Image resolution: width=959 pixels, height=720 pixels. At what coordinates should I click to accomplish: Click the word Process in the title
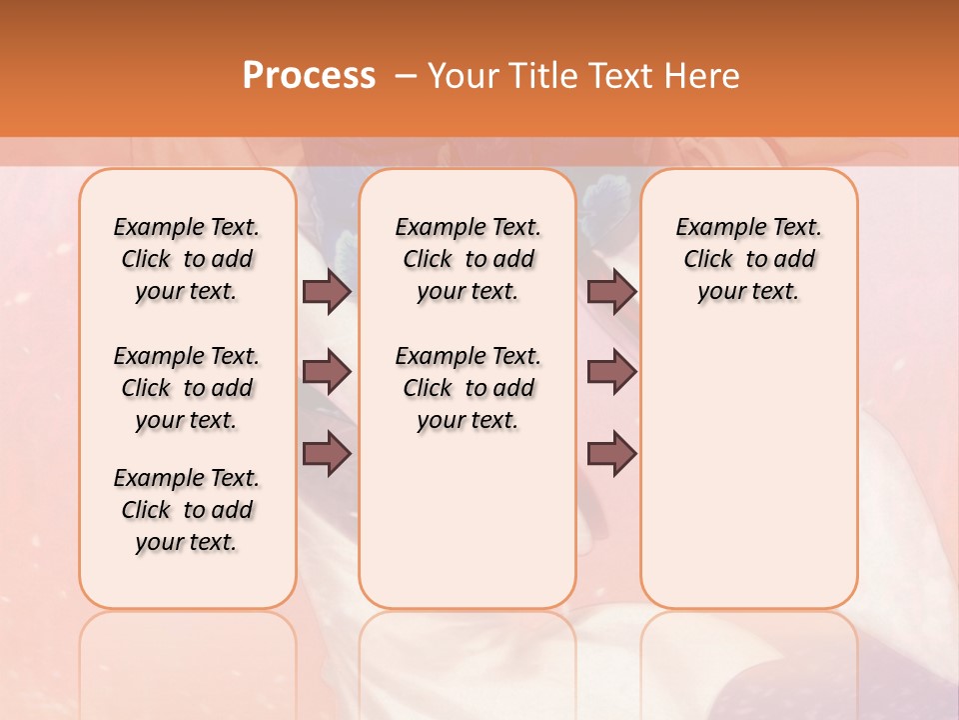pos(309,76)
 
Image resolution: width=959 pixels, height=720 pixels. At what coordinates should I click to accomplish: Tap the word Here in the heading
pos(701,76)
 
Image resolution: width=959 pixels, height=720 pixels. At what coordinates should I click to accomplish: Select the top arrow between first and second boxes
pos(327,291)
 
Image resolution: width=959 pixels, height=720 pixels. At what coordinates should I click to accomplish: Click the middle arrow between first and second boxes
pos(327,372)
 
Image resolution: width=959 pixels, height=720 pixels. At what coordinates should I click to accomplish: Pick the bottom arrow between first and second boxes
pos(327,454)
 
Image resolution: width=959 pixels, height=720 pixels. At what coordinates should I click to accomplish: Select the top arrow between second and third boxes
pos(611,291)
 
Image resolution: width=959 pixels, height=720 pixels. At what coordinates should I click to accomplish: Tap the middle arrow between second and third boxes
pos(611,372)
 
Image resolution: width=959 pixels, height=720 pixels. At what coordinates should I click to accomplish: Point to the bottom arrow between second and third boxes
pos(611,454)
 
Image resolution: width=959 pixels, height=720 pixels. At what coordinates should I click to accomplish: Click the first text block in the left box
pos(187,259)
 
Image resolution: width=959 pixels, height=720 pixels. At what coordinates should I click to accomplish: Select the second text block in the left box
pos(187,388)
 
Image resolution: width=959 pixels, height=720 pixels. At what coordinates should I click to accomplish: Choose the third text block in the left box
pos(187,510)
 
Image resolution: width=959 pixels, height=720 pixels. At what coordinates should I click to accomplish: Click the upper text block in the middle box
pos(468,259)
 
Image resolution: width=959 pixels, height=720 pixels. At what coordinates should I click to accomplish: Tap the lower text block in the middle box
pos(468,388)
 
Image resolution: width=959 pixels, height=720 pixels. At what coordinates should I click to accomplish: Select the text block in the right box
pos(749,259)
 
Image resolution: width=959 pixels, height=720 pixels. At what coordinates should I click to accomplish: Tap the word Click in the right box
pos(708,260)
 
